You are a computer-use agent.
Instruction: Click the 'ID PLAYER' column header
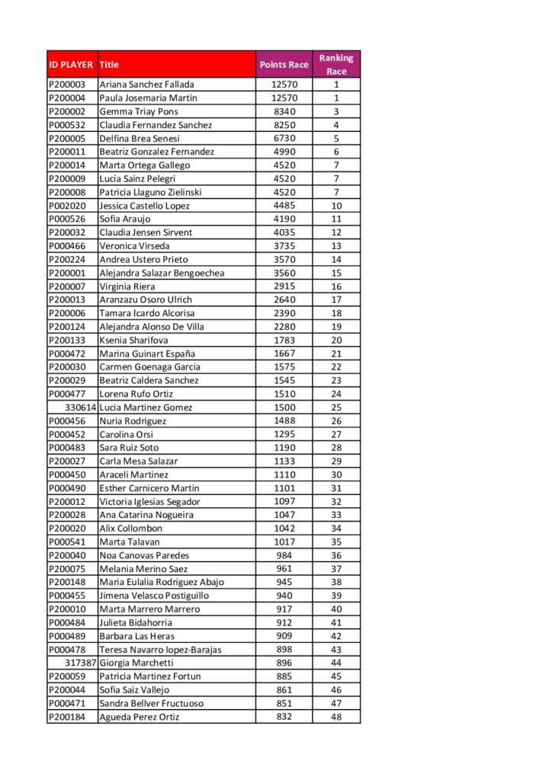[x=71, y=65]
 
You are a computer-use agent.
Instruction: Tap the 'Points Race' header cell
[x=284, y=65]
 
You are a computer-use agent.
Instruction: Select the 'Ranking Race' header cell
[x=336, y=65]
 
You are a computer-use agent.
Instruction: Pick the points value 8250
[x=284, y=125]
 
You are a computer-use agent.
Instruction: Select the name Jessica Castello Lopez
[x=145, y=206]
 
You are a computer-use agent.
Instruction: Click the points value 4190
[x=284, y=219]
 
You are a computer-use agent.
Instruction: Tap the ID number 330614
[x=80, y=408]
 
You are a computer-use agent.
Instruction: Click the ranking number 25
[x=336, y=408]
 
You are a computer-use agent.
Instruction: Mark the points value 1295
[x=284, y=434]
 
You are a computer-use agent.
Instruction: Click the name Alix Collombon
[x=131, y=529]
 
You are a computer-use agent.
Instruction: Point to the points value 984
[x=284, y=555]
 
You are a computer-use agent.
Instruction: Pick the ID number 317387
[x=80, y=663]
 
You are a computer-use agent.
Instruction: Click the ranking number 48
[x=336, y=717]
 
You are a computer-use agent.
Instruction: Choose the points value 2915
[x=284, y=286]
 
